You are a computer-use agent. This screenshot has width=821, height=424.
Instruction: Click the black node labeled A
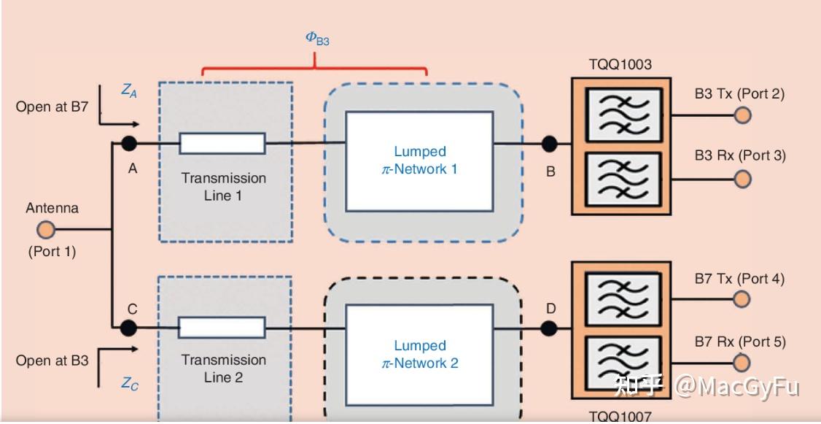[129, 143]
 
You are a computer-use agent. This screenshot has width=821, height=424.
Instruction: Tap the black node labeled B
[549, 144]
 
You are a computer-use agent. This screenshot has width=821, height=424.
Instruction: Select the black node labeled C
[129, 328]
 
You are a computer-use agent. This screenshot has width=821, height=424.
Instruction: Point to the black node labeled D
[549, 328]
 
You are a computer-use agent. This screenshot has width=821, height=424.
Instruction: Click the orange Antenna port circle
[45, 231]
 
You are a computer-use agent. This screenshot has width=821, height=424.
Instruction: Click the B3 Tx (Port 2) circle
[742, 115]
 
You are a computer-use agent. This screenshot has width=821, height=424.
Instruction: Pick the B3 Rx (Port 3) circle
[742, 179]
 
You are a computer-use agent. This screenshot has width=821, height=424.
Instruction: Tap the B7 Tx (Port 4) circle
[742, 299]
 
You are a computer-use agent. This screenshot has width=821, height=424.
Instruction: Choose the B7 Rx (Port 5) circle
[742, 363]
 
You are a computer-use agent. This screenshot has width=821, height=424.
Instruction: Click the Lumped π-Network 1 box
[419, 161]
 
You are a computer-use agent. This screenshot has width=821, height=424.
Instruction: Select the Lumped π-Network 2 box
[419, 354]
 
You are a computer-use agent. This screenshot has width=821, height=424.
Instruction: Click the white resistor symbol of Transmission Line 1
[222, 144]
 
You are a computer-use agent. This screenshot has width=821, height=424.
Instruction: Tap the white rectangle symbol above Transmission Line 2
[222, 328]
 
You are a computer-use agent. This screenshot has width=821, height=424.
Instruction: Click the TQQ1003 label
[620, 64]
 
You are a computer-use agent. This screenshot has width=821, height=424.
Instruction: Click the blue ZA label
[129, 91]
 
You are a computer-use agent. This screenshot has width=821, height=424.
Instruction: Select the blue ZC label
[129, 384]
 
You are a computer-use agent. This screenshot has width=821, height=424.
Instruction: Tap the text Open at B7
[52, 107]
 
